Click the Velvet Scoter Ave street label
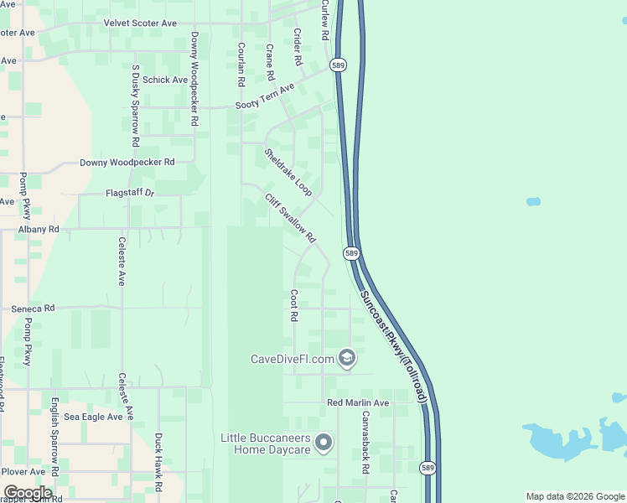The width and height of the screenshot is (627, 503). click(140, 23)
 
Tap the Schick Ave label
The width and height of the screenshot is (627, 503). click(165, 80)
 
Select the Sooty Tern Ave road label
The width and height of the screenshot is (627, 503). click(265, 96)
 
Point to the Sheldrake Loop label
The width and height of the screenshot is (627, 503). click(288, 173)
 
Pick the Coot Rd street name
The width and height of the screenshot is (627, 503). click(294, 307)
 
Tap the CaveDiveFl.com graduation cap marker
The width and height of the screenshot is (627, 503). click(347, 359)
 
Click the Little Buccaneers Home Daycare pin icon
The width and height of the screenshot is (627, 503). click(325, 441)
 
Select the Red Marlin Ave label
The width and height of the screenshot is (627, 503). click(358, 403)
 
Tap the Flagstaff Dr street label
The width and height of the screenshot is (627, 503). click(131, 194)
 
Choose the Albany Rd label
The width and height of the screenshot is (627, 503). click(39, 229)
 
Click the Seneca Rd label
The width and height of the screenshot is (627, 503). click(33, 309)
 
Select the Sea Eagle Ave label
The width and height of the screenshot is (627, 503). click(94, 417)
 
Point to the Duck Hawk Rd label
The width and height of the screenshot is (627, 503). click(158, 462)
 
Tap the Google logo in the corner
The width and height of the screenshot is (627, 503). click(28, 493)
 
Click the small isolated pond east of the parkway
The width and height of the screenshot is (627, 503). click(533, 202)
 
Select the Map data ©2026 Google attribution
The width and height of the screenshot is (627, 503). click(575, 496)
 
